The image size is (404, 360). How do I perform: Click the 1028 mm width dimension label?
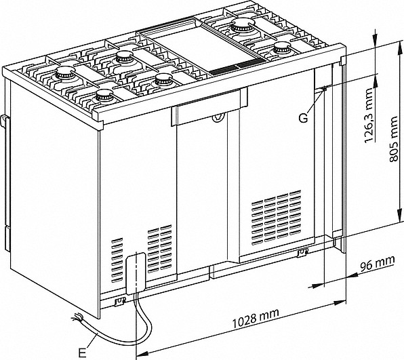click(256, 319)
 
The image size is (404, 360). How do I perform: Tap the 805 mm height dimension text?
click(394, 139)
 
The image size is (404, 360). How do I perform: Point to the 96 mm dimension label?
click(377, 262)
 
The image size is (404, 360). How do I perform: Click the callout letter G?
click(304, 118)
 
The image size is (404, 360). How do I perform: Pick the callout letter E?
click(82, 353)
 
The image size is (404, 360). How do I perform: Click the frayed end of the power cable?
click(77, 317)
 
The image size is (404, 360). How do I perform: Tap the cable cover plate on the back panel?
click(136, 273)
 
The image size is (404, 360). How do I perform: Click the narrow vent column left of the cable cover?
click(117, 260)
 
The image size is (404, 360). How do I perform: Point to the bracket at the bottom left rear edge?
click(120, 301)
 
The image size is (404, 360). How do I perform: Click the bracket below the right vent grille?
click(302, 252)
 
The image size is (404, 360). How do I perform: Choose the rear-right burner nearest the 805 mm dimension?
click(283, 47)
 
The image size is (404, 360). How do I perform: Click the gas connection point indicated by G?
click(323, 89)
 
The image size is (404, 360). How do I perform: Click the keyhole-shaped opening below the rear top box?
click(218, 118)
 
